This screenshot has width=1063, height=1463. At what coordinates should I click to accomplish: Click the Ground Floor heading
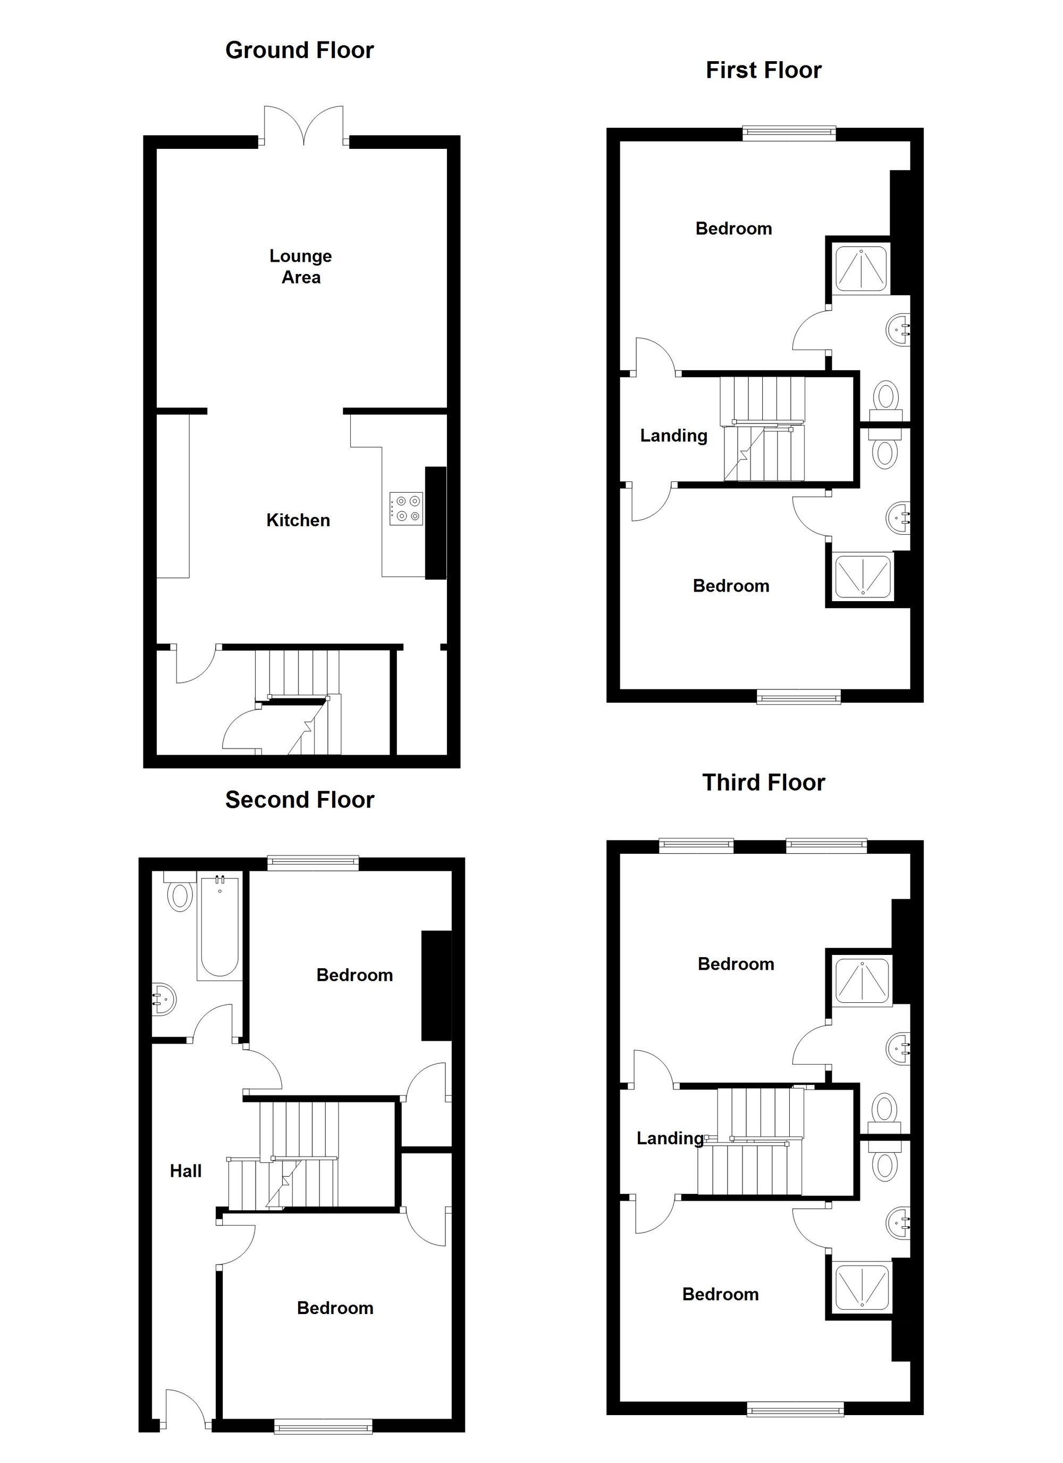[299, 51]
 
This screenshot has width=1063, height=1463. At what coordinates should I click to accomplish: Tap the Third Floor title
[763, 783]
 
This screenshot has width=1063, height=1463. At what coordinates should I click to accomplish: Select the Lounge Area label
[300, 267]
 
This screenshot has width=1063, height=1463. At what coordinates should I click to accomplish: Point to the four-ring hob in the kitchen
[406, 507]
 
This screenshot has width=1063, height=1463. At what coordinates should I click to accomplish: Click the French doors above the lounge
[304, 126]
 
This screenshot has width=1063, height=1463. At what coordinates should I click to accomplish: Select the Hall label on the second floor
[185, 1171]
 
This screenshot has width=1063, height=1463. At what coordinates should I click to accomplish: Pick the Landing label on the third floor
[670, 1138]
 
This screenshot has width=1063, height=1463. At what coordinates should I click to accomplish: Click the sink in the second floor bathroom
[163, 999]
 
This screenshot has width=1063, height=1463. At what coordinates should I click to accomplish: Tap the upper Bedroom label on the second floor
[355, 975]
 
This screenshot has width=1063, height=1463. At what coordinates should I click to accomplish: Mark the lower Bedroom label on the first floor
[730, 586]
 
